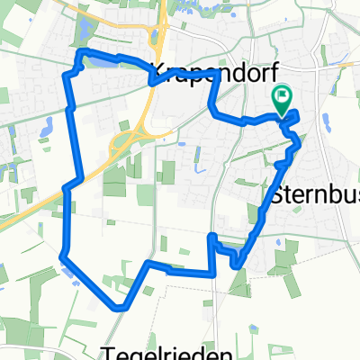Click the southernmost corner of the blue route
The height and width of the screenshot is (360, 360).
pos(117,307)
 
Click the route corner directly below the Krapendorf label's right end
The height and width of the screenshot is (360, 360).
pos(219,77)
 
